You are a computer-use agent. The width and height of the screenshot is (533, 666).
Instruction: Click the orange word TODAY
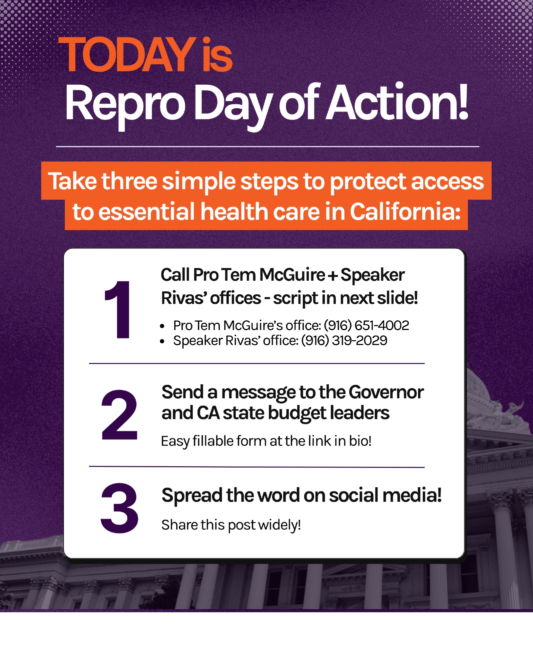pos(127,55)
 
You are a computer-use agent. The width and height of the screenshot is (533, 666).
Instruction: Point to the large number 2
pos(119,415)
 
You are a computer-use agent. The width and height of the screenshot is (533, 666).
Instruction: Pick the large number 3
pos(119,508)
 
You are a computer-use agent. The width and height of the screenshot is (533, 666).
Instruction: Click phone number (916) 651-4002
pos(366,325)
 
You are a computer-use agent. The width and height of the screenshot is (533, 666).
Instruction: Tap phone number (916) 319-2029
pos(344,341)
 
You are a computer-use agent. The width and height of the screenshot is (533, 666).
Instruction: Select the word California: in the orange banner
pos(405,212)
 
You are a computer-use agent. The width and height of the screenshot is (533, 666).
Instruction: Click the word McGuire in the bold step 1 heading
pos(292,275)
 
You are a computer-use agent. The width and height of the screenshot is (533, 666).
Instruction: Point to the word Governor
pos(386,392)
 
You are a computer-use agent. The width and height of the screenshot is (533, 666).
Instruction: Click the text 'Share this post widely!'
pos(231,525)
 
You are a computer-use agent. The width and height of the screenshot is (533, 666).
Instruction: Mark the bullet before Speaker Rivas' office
pos(162,341)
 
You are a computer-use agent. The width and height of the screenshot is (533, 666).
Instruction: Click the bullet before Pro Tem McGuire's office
pos(162,326)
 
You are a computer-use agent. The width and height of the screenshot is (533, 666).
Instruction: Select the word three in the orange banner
pos(129,181)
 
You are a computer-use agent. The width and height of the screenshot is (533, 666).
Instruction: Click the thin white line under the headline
pos(267,147)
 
